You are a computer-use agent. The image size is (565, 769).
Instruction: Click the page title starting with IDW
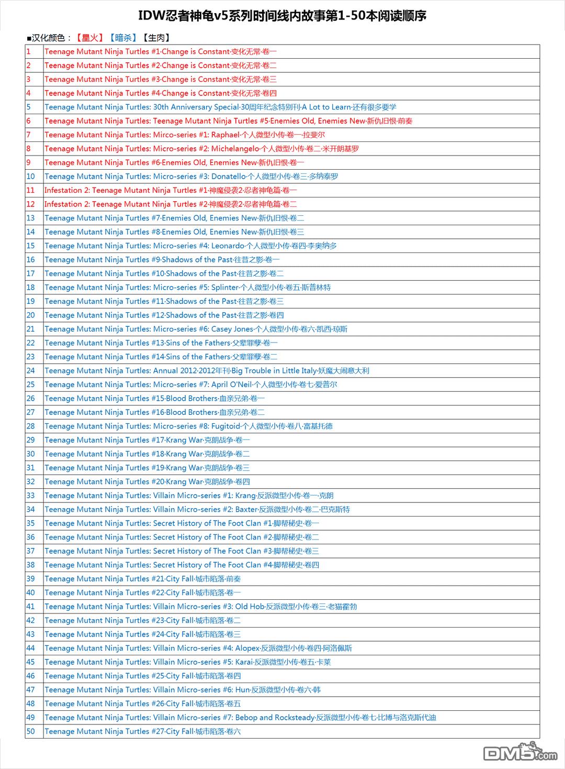point(282,16)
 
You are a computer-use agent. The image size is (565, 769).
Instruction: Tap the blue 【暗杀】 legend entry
point(122,38)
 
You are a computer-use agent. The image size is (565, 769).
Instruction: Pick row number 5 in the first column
point(29,107)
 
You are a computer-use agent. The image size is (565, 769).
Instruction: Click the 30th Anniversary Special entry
point(220,107)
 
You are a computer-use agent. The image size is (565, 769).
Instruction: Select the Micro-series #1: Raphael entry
point(185,135)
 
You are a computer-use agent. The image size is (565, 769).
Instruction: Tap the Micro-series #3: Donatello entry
point(191,177)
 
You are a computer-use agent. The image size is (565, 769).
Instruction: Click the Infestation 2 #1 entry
point(171,190)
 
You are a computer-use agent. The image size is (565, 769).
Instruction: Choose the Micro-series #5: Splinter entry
point(187,288)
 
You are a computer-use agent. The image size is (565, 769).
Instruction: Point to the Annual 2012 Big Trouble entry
point(207,371)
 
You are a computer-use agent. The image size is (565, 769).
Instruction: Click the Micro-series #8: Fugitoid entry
point(188,426)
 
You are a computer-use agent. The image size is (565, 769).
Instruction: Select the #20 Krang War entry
point(147,482)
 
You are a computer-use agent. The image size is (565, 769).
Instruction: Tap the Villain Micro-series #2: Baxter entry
point(197,510)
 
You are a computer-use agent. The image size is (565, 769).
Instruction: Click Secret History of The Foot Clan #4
point(182,565)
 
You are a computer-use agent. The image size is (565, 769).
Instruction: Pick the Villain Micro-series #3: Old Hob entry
point(201,607)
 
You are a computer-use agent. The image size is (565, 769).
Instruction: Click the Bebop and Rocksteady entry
point(240,718)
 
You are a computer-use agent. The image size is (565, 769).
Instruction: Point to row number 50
point(31,732)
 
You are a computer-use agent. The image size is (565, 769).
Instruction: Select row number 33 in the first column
point(31,496)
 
